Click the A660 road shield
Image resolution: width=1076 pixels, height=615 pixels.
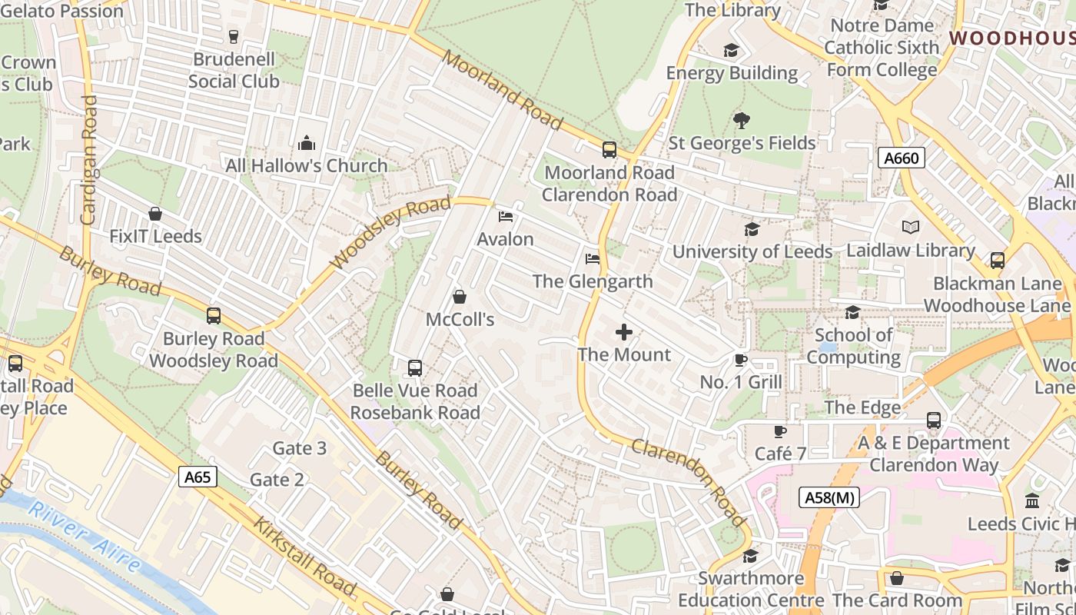[901, 158]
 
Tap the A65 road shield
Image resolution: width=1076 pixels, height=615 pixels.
[198, 477]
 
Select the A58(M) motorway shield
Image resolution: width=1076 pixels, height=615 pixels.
[828, 497]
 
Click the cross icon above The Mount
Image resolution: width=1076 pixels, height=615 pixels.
[624, 332]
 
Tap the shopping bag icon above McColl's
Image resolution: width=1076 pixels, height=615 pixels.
[460, 297]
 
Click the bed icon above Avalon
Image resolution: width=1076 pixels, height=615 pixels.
[505, 217]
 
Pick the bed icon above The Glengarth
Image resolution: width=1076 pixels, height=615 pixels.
[592, 259]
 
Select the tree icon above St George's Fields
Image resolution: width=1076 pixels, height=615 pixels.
[742, 121]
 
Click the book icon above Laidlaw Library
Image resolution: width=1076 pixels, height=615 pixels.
[910, 228]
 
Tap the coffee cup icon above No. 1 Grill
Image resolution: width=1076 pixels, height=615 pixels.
[741, 360]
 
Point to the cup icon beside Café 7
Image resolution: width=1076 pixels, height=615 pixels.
[780, 431]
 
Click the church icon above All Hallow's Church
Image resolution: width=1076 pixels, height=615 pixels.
[306, 143]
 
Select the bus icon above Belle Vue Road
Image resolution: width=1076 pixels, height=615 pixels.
[415, 367]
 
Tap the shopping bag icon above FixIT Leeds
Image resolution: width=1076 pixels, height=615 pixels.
[155, 214]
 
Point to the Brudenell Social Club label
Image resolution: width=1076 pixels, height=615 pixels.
[234, 70]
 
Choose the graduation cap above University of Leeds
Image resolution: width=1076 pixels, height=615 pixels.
[752, 229]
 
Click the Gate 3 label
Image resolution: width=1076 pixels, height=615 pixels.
[299, 448]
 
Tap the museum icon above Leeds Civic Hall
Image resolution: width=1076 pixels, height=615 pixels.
[1032, 501]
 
